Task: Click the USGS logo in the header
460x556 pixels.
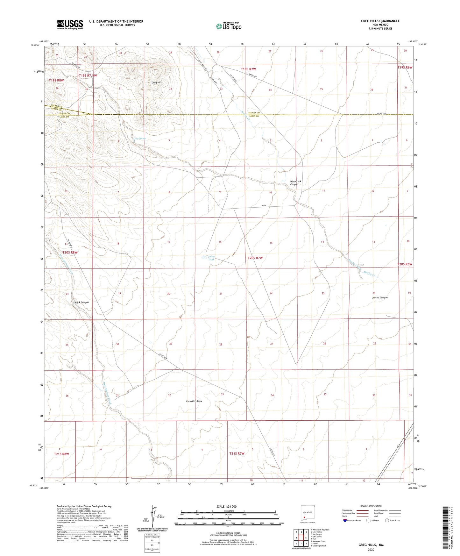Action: point(70,24)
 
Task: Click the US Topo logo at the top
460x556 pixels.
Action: point(229,26)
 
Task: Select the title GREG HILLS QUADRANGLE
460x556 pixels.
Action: point(380,21)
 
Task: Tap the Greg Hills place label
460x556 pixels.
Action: point(157,82)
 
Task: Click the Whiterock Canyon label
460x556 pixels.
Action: point(295,183)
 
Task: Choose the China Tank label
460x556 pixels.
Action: point(211,258)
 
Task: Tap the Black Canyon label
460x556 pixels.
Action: point(81,302)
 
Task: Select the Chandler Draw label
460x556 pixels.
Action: point(194,401)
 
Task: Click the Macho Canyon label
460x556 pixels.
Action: point(380,297)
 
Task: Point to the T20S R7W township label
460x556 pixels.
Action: point(255,258)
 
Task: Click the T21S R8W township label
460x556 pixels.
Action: point(61,454)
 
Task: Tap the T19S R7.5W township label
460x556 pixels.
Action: point(88,76)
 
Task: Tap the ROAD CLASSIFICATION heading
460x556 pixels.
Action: point(371,506)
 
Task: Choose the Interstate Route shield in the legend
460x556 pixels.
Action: point(345,520)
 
